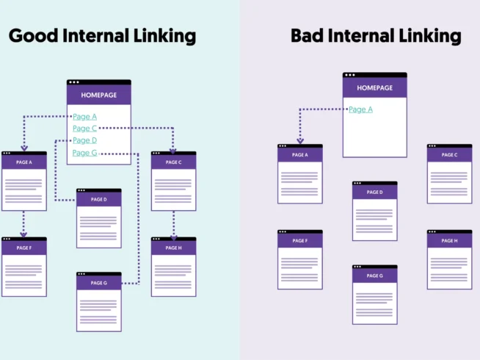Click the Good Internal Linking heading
click(x=102, y=35)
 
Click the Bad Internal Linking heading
click(x=376, y=35)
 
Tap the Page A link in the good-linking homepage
click(x=84, y=116)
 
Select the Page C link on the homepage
click(x=84, y=128)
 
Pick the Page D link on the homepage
click(x=84, y=140)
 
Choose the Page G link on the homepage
click(x=84, y=153)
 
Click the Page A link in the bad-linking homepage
click(x=360, y=109)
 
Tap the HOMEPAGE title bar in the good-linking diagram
click(x=99, y=95)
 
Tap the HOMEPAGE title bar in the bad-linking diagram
click(x=374, y=88)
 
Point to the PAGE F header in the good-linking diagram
click(x=24, y=248)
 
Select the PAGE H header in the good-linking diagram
click(x=173, y=248)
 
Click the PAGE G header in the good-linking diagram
click(x=99, y=283)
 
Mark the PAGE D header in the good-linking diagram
click(x=99, y=199)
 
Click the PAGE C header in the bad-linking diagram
click(x=449, y=155)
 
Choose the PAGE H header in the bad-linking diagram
click(x=449, y=241)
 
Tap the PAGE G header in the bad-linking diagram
click(x=374, y=276)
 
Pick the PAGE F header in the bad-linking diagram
click(x=299, y=241)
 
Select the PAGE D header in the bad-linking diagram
click(x=374, y=192)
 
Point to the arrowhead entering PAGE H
click(x=174, y=236)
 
